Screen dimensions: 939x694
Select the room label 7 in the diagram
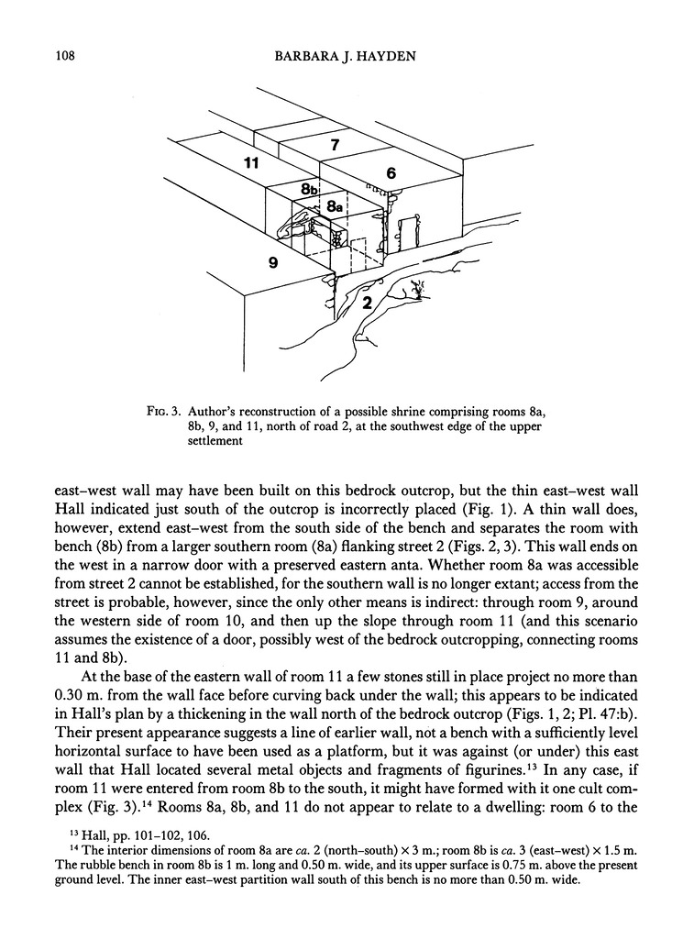[336, 145]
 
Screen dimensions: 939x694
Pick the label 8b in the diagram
[310, 189]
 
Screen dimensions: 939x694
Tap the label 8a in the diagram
[335, 207]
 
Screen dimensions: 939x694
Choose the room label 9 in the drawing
[273, 262]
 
